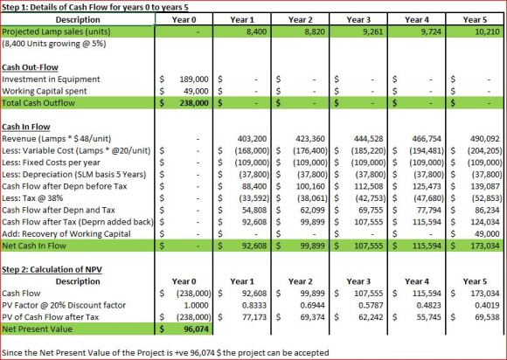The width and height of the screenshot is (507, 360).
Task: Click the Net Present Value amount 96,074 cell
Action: coord(197,329)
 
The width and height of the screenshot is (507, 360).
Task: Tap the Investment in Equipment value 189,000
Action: coord(194,80)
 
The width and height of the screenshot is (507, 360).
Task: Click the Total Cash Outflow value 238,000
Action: coord(194,103)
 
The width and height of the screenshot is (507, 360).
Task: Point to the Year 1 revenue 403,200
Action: coord(253,139)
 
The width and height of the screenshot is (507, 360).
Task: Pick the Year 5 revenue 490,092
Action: coord(485,139)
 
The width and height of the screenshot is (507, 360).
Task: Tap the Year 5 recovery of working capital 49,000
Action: coord(487,234)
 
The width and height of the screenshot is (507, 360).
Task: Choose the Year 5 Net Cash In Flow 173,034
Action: coord(485,246)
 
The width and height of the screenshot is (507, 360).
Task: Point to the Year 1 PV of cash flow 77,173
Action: coord(254,317)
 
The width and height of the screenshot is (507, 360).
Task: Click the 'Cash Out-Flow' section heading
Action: coord(30,67)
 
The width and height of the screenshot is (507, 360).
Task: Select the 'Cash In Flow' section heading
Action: coord(26,127)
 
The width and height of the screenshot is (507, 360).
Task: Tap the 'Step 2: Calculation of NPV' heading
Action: coord(52,269)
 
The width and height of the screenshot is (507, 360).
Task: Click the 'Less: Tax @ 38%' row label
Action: coord(32,198)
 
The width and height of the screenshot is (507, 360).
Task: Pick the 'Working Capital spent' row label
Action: coord(45,91)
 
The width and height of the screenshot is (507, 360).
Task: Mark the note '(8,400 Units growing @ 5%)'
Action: coord(54,44)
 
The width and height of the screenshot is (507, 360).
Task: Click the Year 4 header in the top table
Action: coord(417,20)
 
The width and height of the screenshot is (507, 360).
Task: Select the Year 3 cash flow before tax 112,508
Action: coord(369,186)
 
